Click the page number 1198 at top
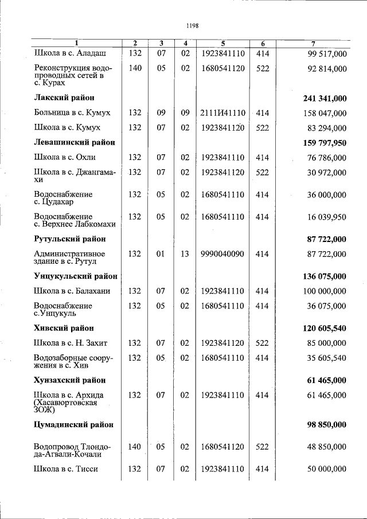click(x=192, y=25)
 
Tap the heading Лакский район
click(x=64, y=98)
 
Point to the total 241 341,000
click(x=325, y=98)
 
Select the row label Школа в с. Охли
click(x=65, y=157)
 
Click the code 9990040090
click(x=223, y=253)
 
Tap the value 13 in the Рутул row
click(x=185, y=253)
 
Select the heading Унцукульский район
click(x=76, y=276)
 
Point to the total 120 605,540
click(x=325, y=328)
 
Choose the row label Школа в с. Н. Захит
click(x=71, y=343)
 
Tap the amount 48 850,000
click(x=325, y=447)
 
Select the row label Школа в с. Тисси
click(x=66, y=469)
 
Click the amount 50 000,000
click(x=325, y=469)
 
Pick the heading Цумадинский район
click(x=74, y=424)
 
